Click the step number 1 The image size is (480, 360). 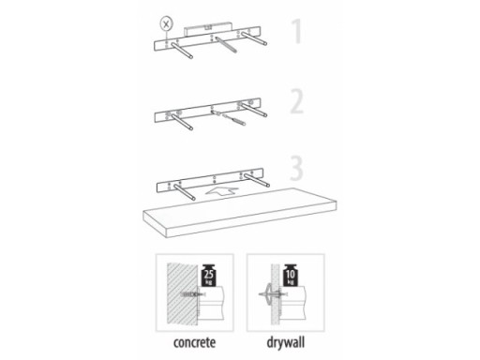297,31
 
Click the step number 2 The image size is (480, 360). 297,101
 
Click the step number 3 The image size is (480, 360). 296,169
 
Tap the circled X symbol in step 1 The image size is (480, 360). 166,23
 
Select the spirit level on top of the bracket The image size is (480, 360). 208,29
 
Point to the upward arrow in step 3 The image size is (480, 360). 221,191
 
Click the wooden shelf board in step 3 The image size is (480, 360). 240,213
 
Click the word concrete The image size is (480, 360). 194,342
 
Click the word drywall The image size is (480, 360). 286,342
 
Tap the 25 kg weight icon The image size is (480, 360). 209,276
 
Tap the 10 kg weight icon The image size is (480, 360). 291,276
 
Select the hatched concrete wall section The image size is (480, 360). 182,294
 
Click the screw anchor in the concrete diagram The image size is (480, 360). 192,294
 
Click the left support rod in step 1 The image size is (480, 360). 182,51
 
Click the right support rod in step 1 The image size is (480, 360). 256,38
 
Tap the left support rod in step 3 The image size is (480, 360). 185,192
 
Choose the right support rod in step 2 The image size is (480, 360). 255,110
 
